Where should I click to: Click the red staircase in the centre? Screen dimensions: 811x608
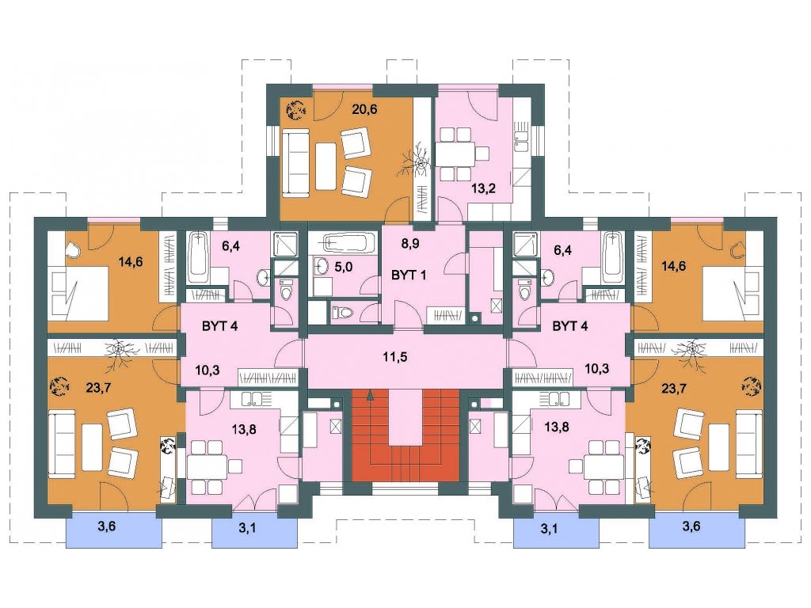coord(405,435)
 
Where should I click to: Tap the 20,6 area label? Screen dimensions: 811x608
coord(364,109)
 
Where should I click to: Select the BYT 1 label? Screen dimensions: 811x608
coord(409,275)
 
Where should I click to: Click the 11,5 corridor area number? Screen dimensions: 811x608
coord(394,356)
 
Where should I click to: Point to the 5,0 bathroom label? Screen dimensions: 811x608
coord(344,268)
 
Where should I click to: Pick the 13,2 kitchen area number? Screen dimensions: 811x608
coord(483,188)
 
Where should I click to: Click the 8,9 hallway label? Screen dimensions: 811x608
coord(409,244)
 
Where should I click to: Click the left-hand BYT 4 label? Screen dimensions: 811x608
coord(220,326)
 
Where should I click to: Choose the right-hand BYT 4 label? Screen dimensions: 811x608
coord(570,326)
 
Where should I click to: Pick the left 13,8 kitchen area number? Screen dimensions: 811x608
coord(244,428)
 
